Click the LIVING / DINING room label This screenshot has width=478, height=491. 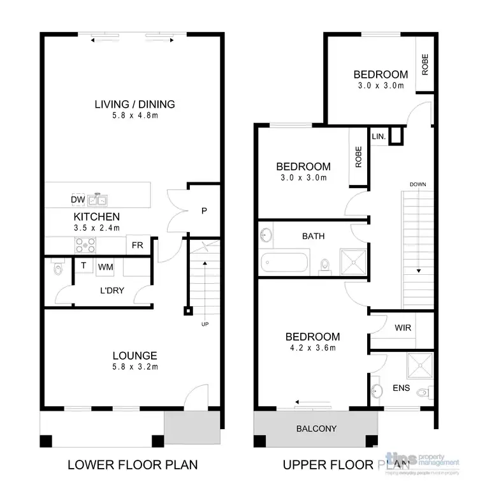pos(134,105)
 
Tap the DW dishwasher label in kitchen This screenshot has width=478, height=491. pos(78,200)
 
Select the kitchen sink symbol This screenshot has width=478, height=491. pos(98,199)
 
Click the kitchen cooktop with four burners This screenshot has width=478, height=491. pos(85,245)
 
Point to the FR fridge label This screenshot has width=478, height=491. pos(137,245)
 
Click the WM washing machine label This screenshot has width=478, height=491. pos(105,267)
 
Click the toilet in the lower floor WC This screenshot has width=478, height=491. pos(57,269)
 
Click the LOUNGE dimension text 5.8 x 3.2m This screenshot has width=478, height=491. pos(134,367)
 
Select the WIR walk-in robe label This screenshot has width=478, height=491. pos(403,328)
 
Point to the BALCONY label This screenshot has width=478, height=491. pos(316,429)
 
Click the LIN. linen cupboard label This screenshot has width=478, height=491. pos(379,136)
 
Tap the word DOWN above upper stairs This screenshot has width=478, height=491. pos(418,185)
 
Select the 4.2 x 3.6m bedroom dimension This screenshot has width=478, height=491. pos(312,348)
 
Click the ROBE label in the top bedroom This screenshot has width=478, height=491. pos(425,65)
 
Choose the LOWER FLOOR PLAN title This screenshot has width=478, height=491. pos(133,465)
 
